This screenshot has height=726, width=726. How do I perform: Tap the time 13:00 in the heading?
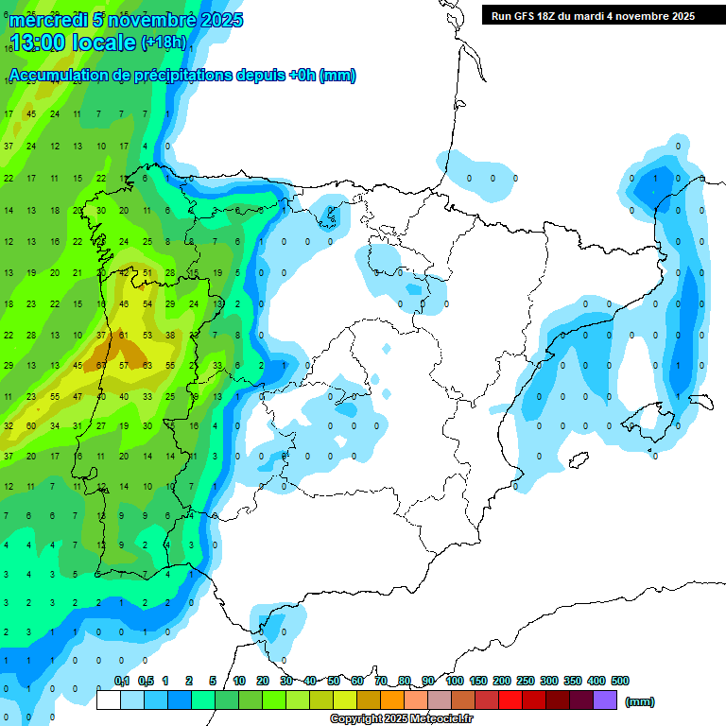point(39,43)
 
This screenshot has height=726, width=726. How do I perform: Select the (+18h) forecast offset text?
point(163,43)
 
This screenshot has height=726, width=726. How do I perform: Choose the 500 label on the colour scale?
point(620,681)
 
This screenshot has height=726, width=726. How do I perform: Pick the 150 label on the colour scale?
point(478,681)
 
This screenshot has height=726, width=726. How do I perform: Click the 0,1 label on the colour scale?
point(122,681)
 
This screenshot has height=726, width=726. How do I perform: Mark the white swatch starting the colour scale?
point(109,700)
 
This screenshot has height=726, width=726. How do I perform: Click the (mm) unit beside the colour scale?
point(640,701)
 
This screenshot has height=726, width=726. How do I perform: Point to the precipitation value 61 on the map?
point(124,335)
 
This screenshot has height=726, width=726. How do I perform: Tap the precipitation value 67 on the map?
point(101,365)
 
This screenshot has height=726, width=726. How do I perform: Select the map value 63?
point(147,365)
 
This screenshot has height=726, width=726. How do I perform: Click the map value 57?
point(124,365)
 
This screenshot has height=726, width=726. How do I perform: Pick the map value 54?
point(147,304)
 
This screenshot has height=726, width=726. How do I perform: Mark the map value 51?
point(147,273)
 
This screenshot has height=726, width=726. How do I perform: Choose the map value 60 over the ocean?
point(31,426)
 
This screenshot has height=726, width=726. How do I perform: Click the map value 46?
point(124,304)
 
